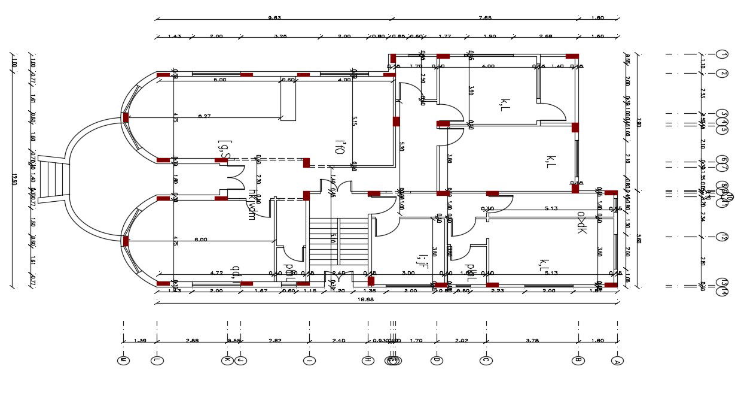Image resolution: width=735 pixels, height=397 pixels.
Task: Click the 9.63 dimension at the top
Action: coord(275,18)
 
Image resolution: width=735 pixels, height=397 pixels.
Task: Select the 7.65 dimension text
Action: coord(485,18)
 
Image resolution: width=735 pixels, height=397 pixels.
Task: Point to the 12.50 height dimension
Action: coord(13,180)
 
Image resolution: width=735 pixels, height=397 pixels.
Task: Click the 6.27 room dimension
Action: coord(205,116)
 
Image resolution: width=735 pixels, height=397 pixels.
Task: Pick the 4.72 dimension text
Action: coord(216,273)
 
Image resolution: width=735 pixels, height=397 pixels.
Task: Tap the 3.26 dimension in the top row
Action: coord(280,37)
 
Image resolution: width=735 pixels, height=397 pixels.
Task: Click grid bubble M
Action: coord(123,360)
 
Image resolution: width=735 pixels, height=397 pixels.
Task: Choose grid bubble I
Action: coord(309,360)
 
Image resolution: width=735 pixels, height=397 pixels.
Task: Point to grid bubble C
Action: coord(486,360)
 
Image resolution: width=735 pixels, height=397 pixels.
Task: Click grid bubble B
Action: coord(578,360)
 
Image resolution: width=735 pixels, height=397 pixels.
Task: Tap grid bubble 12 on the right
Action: coord(723,237)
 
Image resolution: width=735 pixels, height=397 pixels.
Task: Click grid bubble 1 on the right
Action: coord(723,55)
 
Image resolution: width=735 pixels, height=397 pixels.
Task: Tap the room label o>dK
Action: coord(581,222)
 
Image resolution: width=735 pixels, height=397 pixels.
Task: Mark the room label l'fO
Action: coord(339,147)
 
